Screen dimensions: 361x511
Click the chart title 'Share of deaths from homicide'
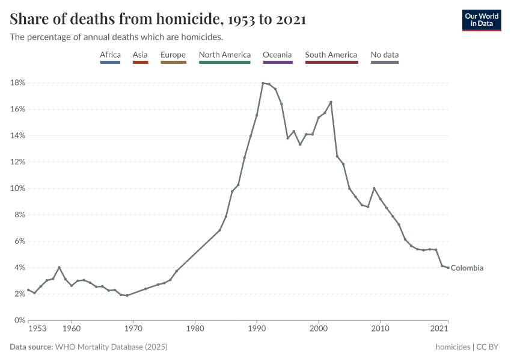point(158,19)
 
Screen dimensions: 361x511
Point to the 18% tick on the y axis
point(17,82)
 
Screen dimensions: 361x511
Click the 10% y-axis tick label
point(17,188)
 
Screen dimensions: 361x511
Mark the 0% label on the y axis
point(19,320)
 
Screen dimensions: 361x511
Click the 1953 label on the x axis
point(37,329)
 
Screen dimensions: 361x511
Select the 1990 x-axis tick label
point(257,329)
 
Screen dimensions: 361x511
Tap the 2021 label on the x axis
point(439,329)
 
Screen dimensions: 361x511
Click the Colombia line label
point(467,268)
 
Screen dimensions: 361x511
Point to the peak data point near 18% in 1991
point(263,83)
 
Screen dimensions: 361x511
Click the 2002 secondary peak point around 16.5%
point(331,102)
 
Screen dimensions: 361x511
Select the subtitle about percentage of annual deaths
point(117,37)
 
